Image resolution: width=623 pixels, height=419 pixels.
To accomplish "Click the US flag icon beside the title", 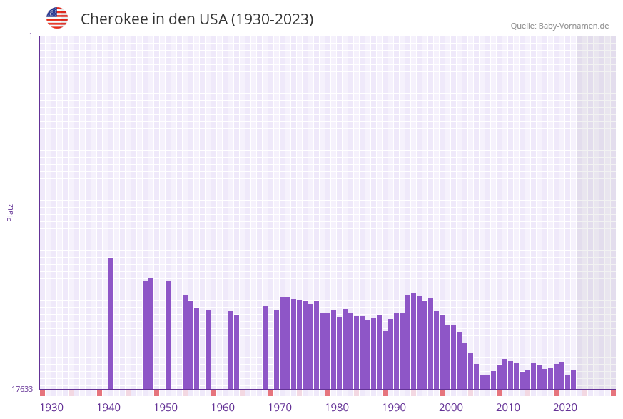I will tap(57, 18).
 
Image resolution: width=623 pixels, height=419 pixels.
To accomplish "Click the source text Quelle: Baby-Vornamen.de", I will tap(559, 26).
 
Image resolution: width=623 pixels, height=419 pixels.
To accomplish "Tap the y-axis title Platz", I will tap(11, 212).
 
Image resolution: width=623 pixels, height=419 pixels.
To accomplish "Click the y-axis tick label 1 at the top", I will tap(30, 36).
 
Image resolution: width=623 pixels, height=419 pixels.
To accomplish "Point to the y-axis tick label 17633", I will tap(22, 389).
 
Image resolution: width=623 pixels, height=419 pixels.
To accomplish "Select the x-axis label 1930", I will tap(51, 407).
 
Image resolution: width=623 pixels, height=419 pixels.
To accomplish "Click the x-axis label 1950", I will tap(166, 407).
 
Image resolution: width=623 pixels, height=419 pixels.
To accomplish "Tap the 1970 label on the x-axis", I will tap(280, 407).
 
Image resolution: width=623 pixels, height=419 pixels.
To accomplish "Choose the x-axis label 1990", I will tap(394, 407).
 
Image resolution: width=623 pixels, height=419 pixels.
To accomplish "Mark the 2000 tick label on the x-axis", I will tap(451, 407).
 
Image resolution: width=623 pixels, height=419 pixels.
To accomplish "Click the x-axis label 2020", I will tap(565, 407).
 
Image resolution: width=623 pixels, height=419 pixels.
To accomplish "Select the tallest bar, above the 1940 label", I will tap(111, 323).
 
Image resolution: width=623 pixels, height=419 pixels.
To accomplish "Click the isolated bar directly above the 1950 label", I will tap(168, 335).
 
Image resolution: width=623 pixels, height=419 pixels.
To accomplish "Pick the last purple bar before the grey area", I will tap(574, 379).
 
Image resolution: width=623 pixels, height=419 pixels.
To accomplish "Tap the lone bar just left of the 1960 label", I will tap(208, 349).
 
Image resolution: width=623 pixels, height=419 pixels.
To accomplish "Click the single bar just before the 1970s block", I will tap(265, 348).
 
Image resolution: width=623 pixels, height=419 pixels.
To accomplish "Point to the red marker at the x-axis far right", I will tap(613, 393).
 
